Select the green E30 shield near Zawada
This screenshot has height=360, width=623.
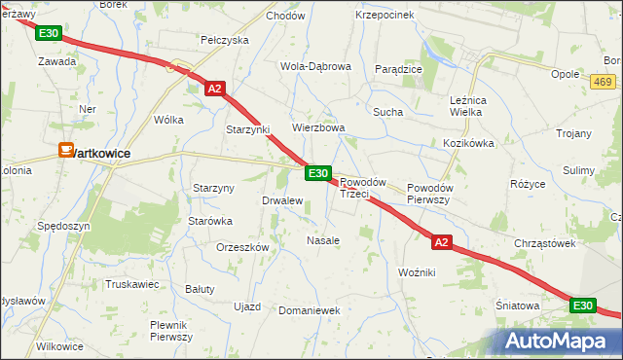pyautogui.click(x=48, y=34)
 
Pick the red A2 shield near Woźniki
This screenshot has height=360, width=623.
pyautogui.click(x=441, y=241)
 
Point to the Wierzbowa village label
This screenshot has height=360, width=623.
pyautogui.click(x=319, y=127)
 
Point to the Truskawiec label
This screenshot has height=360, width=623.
pyautogui.click(x=131, y=284)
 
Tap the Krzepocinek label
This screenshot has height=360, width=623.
pyautogui.click(x=385, y=15)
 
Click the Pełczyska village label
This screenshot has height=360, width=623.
pyautogui.click(x=225, y=40)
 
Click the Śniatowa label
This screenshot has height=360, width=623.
pyautogui.click(x=519, y=305)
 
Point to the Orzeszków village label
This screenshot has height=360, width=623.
pyautogui.click(x=242, y=247)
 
